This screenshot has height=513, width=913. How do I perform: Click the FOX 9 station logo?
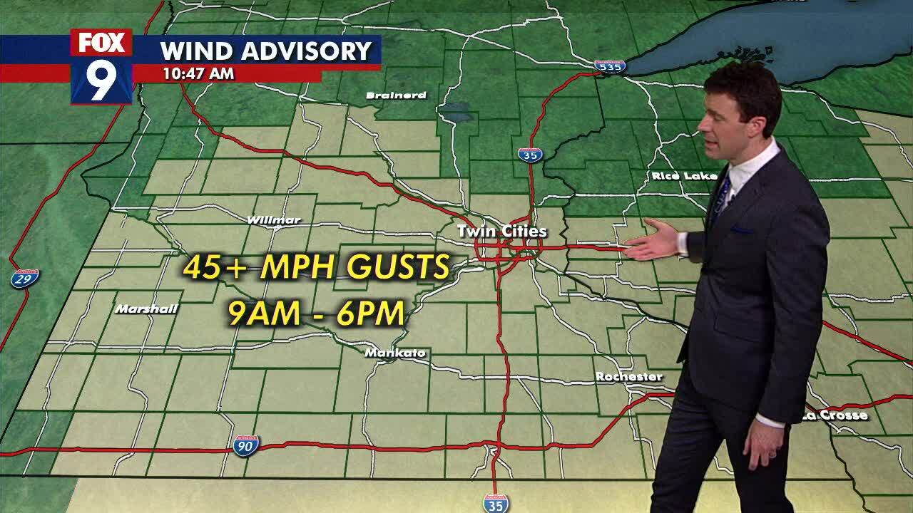tap(101, 66)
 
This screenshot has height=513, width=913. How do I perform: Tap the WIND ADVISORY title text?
tap(266, 51)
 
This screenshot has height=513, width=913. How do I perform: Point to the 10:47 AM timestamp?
tap(198, 73)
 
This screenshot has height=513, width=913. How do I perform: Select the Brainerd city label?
tap(396, 95)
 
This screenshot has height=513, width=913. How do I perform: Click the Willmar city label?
tap(274, 219)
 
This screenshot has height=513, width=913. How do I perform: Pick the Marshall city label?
tap(146, 309)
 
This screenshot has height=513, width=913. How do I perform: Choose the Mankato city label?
tap(395, 353)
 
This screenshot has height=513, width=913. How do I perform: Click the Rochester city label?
tap(628, 376)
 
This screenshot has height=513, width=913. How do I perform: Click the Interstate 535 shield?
tap(610, 66)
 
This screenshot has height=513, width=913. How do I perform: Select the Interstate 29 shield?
tap(25, 278)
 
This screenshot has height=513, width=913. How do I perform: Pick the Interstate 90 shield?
tap(245, 446)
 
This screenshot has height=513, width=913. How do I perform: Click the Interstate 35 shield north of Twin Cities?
tap(530, 154)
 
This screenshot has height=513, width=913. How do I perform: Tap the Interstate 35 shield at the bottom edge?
tap(496, 503)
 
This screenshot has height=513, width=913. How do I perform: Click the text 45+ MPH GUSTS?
tap(317, 267)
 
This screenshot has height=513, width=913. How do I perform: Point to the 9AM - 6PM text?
tap(317, 313)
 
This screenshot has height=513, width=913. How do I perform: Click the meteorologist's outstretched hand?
tap(653, 241)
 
